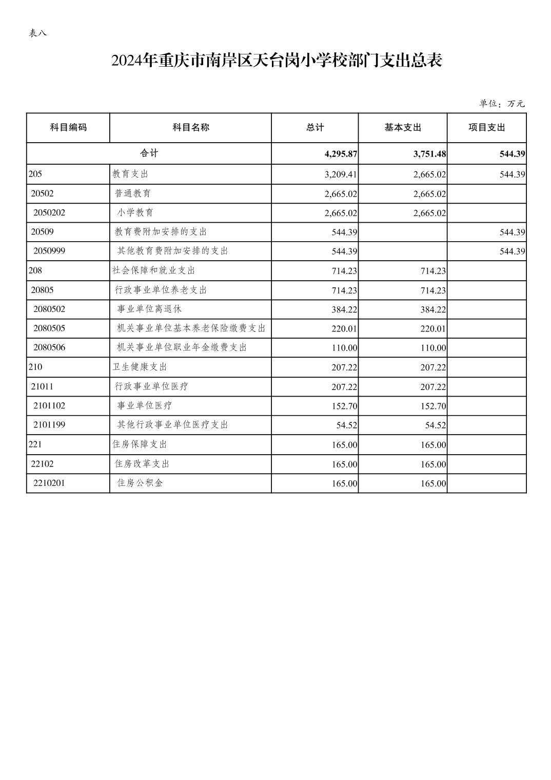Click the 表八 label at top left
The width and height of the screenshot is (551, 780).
pyautogui.click(x=38, y=33)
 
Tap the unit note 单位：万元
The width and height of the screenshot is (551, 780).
pyautogui.click(x=502, y=104)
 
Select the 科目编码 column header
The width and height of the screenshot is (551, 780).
pyautogui.click(x=68, y=128)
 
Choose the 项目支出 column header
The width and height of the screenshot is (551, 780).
pyautogui.click(x=486, y=128)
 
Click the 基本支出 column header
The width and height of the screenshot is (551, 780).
pyautogui.click(x=403, y=128)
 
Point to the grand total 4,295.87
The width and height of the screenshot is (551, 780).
pyautogui.click(x=341, y=154)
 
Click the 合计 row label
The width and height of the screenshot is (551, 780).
pyautogui.click(x=149, y=153)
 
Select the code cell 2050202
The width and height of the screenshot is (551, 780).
pyautogui.click(x=49, y=212)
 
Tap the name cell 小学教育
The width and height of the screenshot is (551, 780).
pyautogui.click(x=135, y=212)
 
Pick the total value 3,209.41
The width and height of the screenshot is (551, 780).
pyautogui.click(x=340, y=174)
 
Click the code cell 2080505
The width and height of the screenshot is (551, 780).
pyautogui.click(x=49, y=328)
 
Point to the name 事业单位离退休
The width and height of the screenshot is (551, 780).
pyautogui.click(x=149, y=309)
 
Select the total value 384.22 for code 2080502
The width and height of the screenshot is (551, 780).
pyautogui.click(x=344, y=309)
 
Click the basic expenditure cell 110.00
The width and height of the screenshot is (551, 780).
pyautogui.click(x=433, y=348)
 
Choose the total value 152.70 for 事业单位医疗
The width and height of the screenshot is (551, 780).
pyautogui.click(x=344, y=406)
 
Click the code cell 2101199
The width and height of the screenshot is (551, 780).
pyautogui.click(x=49, y=425)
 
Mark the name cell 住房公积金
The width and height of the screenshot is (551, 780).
pyautogui.click(x=140, y=483)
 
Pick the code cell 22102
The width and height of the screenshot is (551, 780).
pyautogui.click(x=42, y=464)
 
